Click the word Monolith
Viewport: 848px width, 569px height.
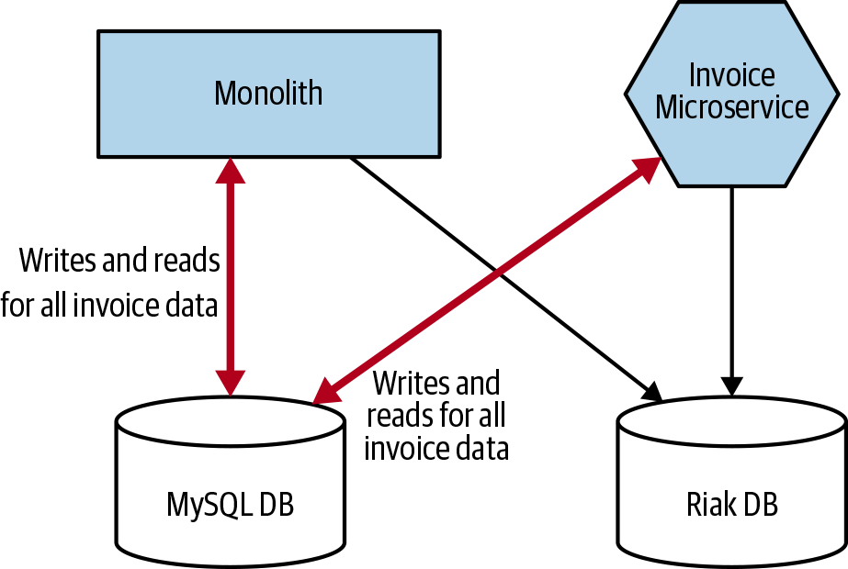(268, 94)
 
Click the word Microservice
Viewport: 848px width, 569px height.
(732, 107)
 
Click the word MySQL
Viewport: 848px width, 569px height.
(210, 505)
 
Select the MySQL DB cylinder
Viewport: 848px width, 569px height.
(230, 532)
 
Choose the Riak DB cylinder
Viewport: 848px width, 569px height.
(731, 537)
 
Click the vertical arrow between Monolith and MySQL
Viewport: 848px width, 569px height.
(230, 275)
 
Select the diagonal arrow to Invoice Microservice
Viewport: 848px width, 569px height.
(487, 280)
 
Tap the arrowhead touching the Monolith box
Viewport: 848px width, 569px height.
(230, 170)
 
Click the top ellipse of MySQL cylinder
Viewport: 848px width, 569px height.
(230, 421)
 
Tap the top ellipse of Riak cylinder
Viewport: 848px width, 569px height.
(731, 421)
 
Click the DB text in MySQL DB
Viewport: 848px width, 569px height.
(277, 505)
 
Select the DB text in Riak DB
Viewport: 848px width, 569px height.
(761, 505)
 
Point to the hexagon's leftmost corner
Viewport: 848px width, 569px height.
(629, 93)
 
